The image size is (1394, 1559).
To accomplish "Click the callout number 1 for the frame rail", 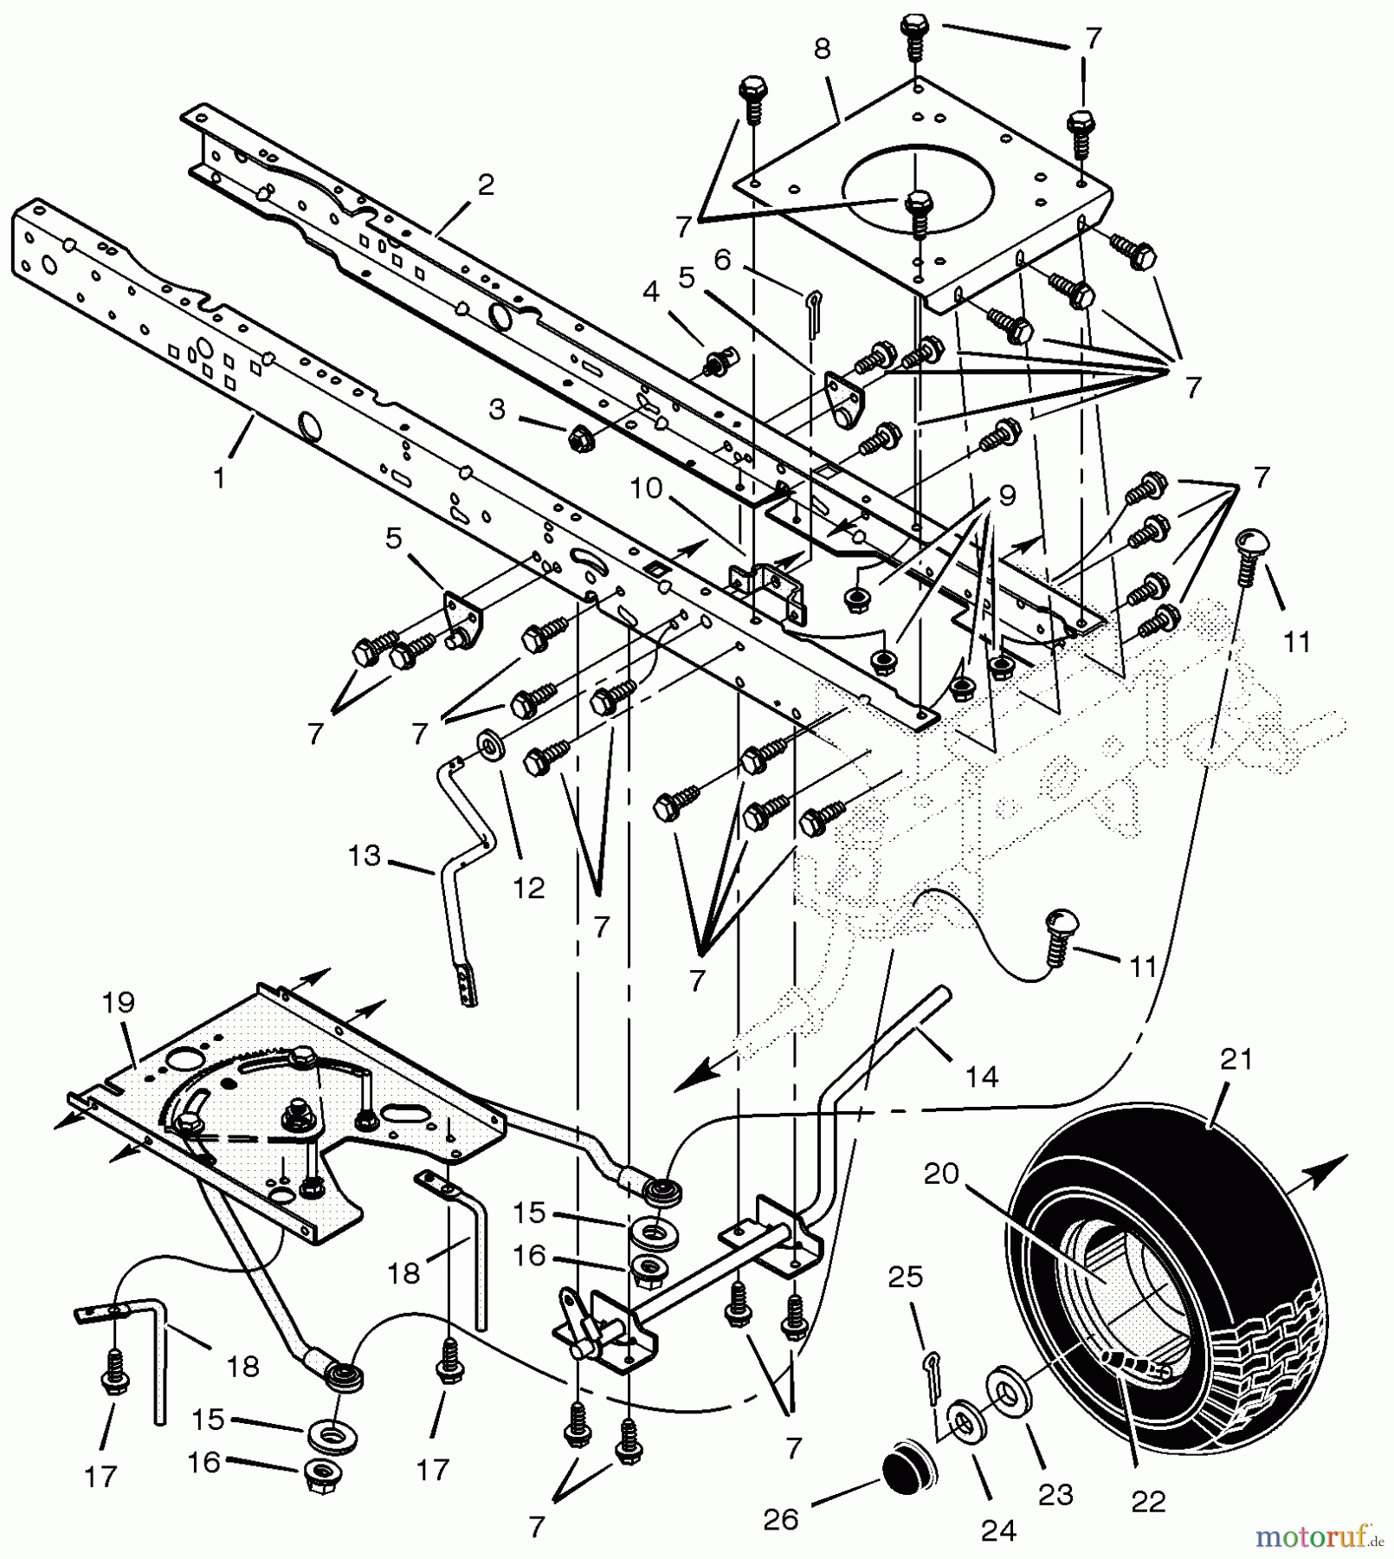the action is [x=220, y=477].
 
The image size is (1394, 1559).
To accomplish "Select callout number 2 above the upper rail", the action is [x=486, y=185].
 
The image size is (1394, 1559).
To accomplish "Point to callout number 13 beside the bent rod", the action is [x=365, y=856].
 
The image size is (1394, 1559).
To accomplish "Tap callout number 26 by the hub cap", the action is [x=781, y=1520].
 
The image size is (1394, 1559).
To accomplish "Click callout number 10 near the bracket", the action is [x=646, y=488].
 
